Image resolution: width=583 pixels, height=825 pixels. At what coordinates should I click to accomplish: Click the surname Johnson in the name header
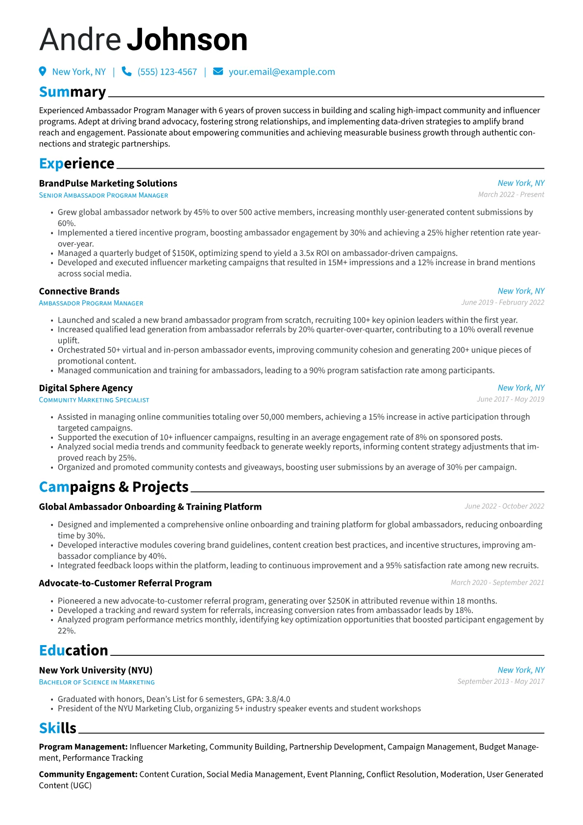[187, 40]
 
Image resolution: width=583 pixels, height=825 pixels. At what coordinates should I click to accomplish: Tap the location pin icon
[43, 72]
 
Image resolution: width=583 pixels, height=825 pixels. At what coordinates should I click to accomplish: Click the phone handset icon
[126, 72]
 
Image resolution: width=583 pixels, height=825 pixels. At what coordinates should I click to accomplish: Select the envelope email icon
[218, 72]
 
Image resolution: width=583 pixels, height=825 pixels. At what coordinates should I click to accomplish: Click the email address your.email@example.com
[282, 72]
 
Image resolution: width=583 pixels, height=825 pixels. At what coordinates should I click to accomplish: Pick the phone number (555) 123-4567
[167, 72]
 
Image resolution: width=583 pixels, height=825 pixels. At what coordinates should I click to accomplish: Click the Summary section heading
[73, 92]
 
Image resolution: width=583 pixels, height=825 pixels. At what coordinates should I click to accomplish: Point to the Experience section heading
[76, 163]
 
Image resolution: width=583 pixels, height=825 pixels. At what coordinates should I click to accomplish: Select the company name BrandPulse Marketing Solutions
[108, 183]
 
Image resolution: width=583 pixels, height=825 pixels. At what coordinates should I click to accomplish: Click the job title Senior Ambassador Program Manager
[103, 195]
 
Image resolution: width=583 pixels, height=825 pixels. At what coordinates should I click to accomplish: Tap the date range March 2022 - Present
[511, 195]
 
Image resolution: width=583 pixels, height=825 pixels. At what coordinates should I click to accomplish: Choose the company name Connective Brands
[79, 291]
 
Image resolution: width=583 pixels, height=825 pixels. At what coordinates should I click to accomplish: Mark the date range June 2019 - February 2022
[503, 302]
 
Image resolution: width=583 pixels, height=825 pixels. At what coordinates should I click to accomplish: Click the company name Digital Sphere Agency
[86, 388]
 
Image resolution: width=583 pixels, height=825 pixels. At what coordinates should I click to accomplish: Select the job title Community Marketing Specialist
[94, 400]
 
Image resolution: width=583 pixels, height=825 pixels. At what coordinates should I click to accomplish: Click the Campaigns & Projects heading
[114, 487]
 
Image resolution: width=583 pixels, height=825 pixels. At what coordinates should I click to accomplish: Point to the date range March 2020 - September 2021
[497, 582]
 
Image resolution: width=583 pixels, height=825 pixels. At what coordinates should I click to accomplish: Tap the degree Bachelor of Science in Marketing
[97, 682]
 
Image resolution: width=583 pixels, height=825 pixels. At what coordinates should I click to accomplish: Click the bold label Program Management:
[83, 747]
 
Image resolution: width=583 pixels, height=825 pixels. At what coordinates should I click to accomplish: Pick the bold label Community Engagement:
[88, 774]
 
